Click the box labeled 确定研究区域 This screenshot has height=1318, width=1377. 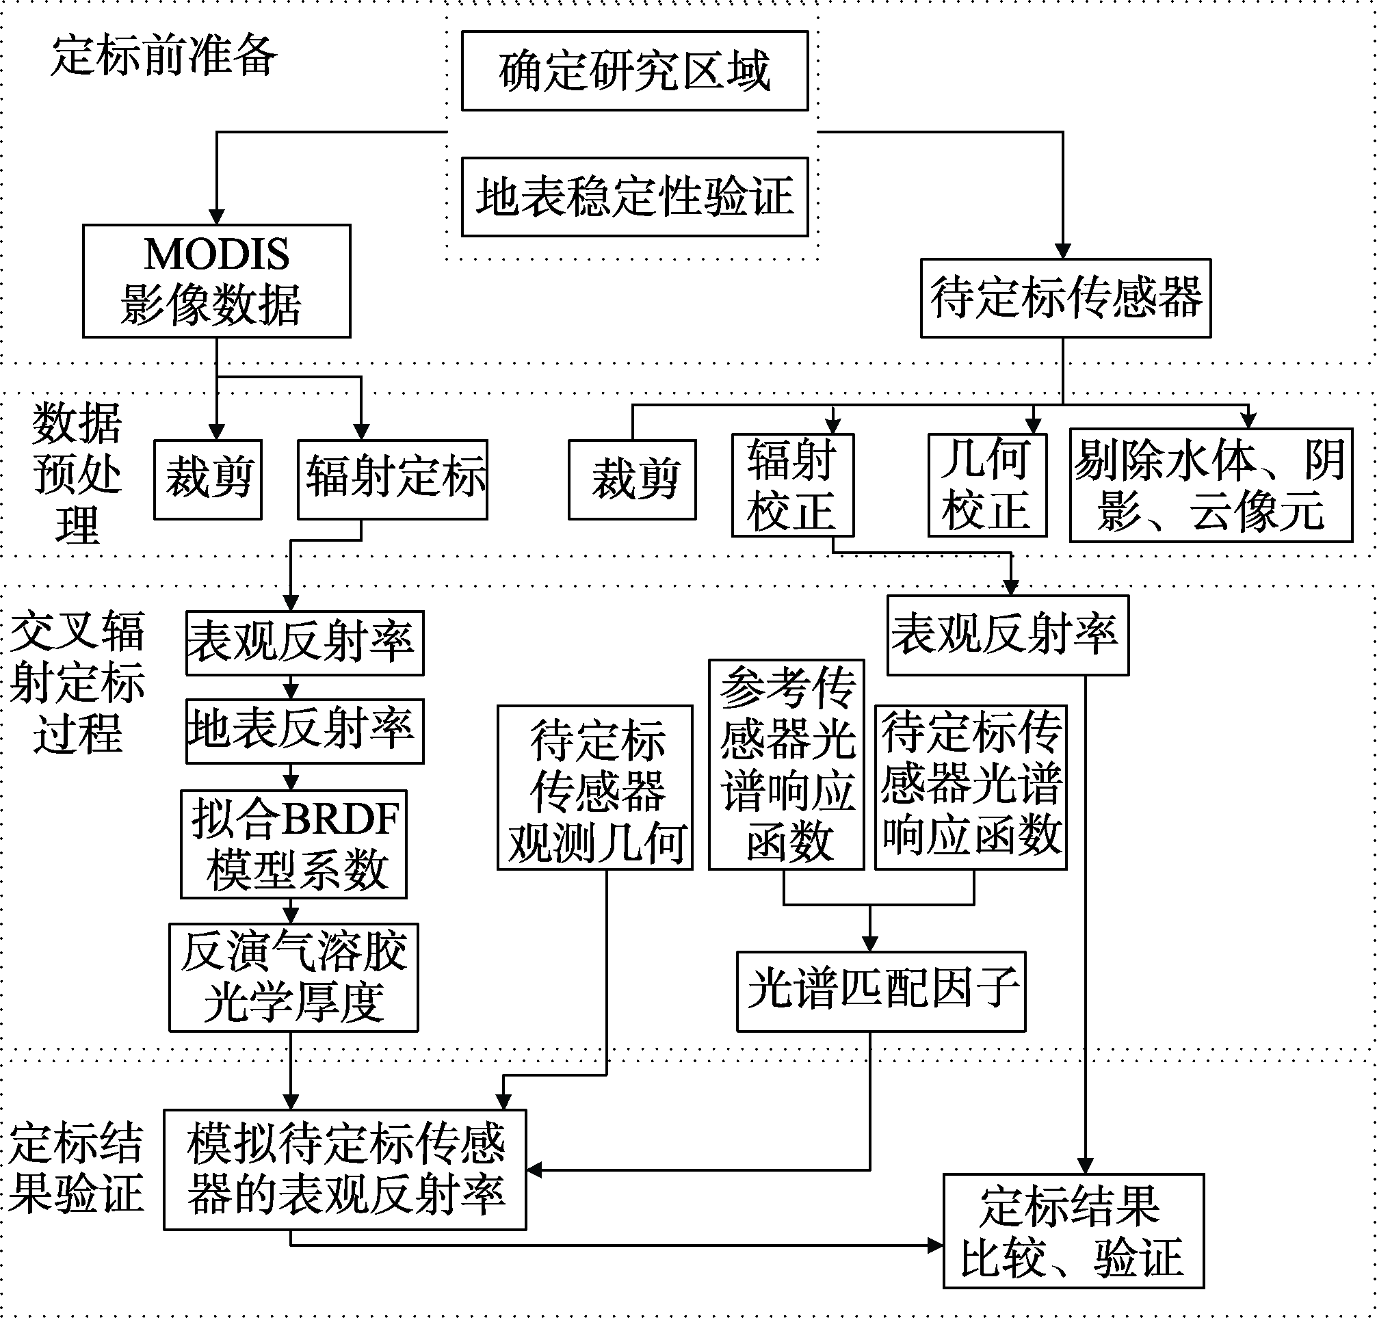635,70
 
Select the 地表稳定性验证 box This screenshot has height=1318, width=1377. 635,197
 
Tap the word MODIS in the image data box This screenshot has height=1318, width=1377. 216,254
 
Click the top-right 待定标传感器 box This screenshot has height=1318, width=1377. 1066,298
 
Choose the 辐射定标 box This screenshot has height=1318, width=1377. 392,480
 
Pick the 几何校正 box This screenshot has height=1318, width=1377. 987,485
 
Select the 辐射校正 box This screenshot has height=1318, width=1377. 793,485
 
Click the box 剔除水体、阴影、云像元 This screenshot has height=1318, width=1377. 1211,485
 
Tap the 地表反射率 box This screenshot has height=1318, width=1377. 305,730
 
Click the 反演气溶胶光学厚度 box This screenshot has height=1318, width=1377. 293,977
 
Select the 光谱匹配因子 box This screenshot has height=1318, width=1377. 881,991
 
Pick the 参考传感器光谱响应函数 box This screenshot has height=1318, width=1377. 786,765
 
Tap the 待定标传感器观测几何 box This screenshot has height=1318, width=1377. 595,787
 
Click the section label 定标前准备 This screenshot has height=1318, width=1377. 164,55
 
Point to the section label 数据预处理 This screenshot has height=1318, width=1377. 77,473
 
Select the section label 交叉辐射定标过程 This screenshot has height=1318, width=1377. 77,681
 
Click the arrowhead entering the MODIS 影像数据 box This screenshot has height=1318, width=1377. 216,216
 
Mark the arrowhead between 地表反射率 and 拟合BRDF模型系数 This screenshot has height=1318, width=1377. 291,782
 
